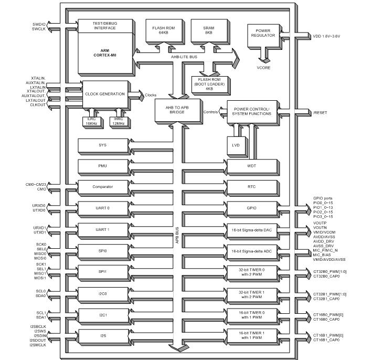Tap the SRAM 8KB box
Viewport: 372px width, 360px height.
(x=208, y=30)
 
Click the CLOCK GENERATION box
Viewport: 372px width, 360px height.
(x=105, y=94)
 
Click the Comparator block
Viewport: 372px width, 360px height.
(x=102, y=187)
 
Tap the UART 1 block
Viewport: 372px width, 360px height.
(x=102, y=229)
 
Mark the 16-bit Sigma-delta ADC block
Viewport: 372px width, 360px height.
(x=252, y=251)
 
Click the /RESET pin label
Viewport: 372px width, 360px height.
(x=320, y=112)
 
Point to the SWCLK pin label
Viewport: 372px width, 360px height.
(x=39, y=29)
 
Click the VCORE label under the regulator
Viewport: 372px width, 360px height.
(x=263, y=68)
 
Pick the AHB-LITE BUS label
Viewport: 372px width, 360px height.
(x=184, y=55)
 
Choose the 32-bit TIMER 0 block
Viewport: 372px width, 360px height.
(x=252, y=272)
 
